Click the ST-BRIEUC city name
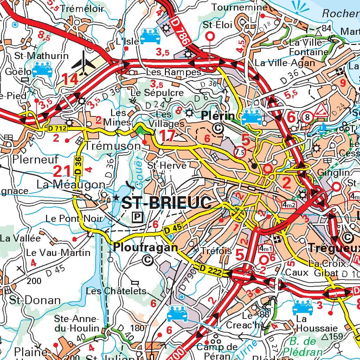click(167, 203)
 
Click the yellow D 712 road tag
click(57, 129)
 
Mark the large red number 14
click(71, 79)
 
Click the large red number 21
click(62, 171)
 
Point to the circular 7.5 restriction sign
click(239, 152)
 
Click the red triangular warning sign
click(321, 110)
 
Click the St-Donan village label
click(35, 300)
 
